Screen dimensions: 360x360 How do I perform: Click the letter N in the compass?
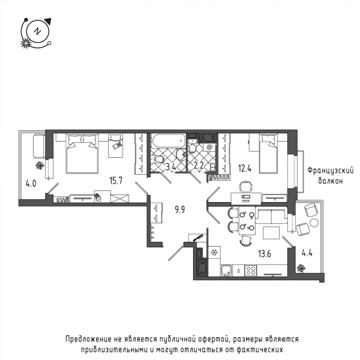point(37,31)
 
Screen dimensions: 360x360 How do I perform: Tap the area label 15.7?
point(116,181)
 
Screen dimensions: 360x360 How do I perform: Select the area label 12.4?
point(245,169)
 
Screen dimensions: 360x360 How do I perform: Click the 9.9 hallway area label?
point(180,209)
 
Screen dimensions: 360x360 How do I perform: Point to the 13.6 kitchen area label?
point(265,254)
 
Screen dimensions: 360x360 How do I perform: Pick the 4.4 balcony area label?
point(307,253)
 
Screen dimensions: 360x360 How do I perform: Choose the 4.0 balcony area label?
point(31,184)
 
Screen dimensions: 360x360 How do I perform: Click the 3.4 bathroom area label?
point(171,167)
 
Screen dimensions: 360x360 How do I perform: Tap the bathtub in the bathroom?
point(168,140)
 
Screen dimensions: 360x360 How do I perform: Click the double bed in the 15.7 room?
point(82,154)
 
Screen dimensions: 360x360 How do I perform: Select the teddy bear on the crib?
point(117,146)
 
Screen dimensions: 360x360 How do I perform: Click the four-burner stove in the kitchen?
point(250,270)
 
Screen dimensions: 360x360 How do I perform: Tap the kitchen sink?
point(227,270)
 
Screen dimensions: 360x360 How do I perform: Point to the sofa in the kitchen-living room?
point(272,215)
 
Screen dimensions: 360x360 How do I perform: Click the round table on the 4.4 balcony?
point(314,223)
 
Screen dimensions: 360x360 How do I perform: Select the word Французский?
point(331,171)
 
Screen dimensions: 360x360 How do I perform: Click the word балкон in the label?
point(331,181)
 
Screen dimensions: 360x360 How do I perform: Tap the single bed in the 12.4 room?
point(268,154)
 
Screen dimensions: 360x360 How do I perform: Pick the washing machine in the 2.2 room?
point(209,147)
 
